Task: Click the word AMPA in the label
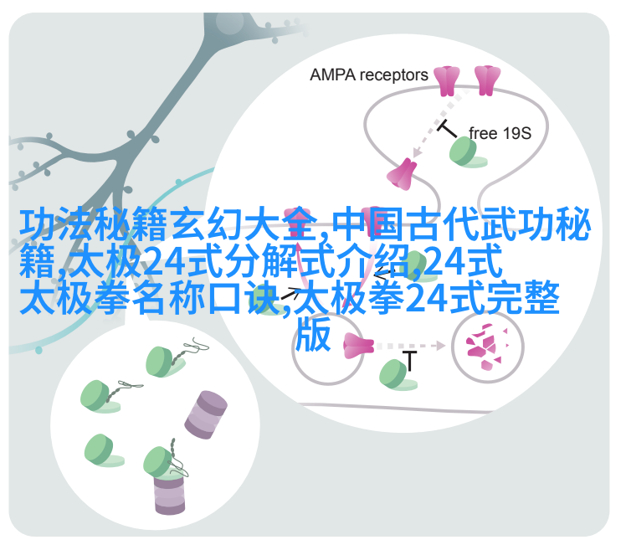pos(332,75)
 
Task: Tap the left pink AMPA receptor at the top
pos(447,81)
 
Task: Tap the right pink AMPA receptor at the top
pos(487,80)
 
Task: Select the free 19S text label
pos(500,133)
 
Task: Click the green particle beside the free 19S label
pos(466,152)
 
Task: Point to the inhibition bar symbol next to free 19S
pos(447,129)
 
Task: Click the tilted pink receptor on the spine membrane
pos(401,174)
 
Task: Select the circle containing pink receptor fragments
pos(487,346)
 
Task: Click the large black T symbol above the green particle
pos(409,361)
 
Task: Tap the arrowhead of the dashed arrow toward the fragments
pos(440,346)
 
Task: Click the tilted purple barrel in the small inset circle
pos(206,414)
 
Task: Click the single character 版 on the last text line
pos(313,333)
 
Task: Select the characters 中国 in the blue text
pos(369,224)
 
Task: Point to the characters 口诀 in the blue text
pos(244,297)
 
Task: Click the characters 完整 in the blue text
pos(522,297)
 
